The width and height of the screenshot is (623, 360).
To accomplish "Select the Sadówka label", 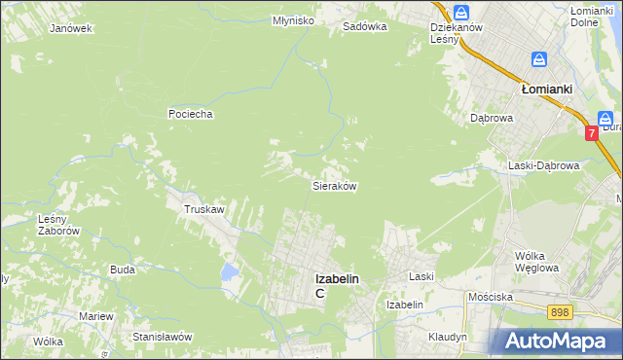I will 365,27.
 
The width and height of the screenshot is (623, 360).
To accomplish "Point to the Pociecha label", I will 190,114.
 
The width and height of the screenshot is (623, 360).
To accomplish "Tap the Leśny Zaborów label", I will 57,225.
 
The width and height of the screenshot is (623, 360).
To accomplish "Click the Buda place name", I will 122,270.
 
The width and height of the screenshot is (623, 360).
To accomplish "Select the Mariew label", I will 96,316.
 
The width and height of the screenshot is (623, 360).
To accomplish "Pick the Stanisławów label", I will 163,336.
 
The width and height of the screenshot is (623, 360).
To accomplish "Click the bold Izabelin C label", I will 337,284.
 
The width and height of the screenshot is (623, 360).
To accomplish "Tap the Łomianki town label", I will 545,88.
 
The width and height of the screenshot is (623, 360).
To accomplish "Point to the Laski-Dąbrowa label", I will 544,165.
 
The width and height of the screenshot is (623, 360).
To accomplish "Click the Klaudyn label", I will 447,336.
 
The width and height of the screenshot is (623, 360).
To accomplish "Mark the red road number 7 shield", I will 592,132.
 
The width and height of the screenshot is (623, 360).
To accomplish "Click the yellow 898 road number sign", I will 559,311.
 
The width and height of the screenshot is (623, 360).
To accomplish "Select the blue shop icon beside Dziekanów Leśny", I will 461,13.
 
